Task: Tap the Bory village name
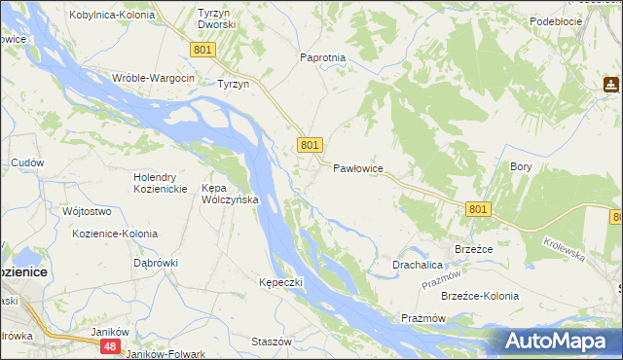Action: point(521,166)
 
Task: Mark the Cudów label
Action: point(27,162)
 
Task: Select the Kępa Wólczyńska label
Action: point(229,193)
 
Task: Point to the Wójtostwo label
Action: point(87,211)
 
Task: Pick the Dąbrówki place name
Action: point(156,262)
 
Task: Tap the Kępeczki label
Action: point(281,282)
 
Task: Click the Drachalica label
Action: point(419,265)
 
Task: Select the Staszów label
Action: point(272,342)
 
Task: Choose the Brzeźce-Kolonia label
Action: point(480,296)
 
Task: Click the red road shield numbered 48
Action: point(112,346)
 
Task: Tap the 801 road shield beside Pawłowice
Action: point(310,145)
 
